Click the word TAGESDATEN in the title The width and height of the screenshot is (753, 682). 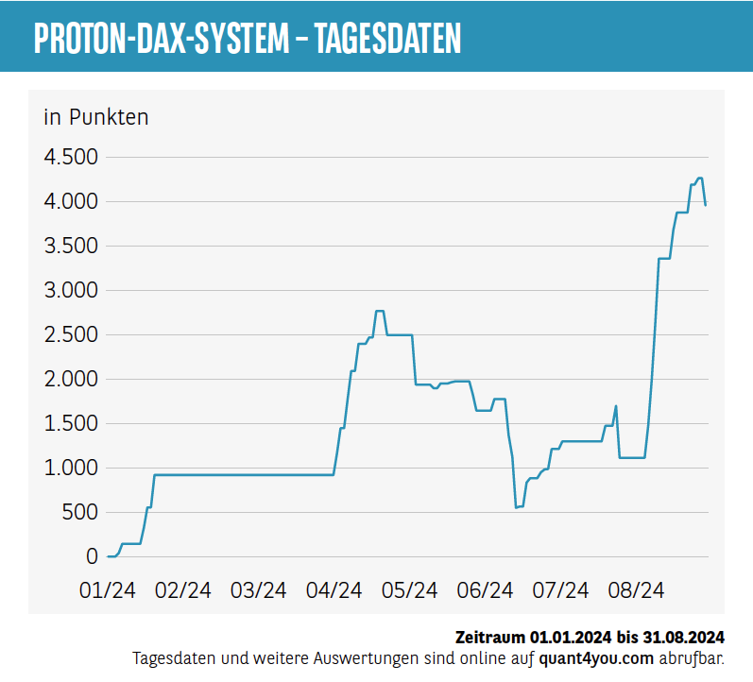387,38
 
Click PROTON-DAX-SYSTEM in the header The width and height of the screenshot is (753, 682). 161,38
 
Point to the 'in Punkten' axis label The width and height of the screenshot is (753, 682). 96,117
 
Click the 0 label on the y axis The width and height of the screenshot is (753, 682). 92,556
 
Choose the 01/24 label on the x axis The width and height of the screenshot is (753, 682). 108,590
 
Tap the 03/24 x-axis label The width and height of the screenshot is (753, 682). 259,590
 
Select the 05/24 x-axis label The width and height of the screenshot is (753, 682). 409,590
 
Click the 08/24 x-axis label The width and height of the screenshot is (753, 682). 636,590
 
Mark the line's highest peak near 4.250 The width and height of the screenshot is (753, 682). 699,179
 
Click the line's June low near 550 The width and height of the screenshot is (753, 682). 516,507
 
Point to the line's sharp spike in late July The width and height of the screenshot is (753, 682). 616,407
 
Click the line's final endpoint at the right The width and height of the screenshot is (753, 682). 706,204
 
